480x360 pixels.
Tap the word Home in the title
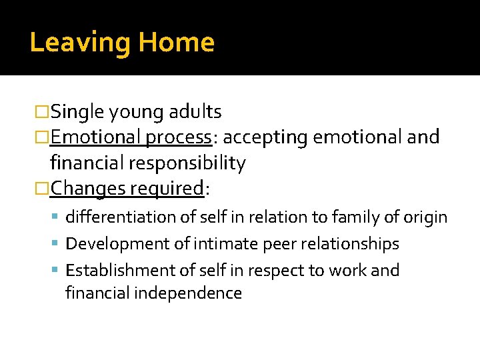click(x=176, y=43)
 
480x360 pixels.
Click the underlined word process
click(x=178, y=137)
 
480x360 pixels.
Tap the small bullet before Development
click(x=58, y=245)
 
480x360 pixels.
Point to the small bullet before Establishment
click(x=58, y=271)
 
